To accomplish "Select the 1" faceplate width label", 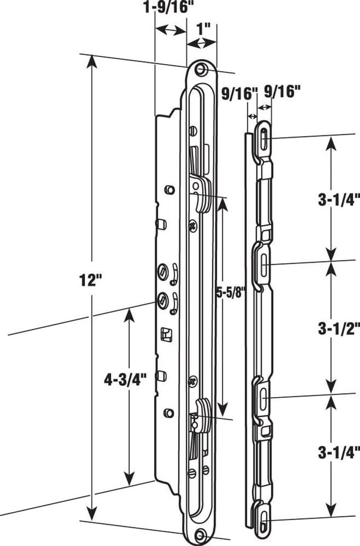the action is pos(204,30).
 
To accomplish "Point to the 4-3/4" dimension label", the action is pos(126,380).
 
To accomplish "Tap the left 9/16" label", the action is pos(240,93).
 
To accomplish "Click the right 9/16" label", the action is pos(282,92).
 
